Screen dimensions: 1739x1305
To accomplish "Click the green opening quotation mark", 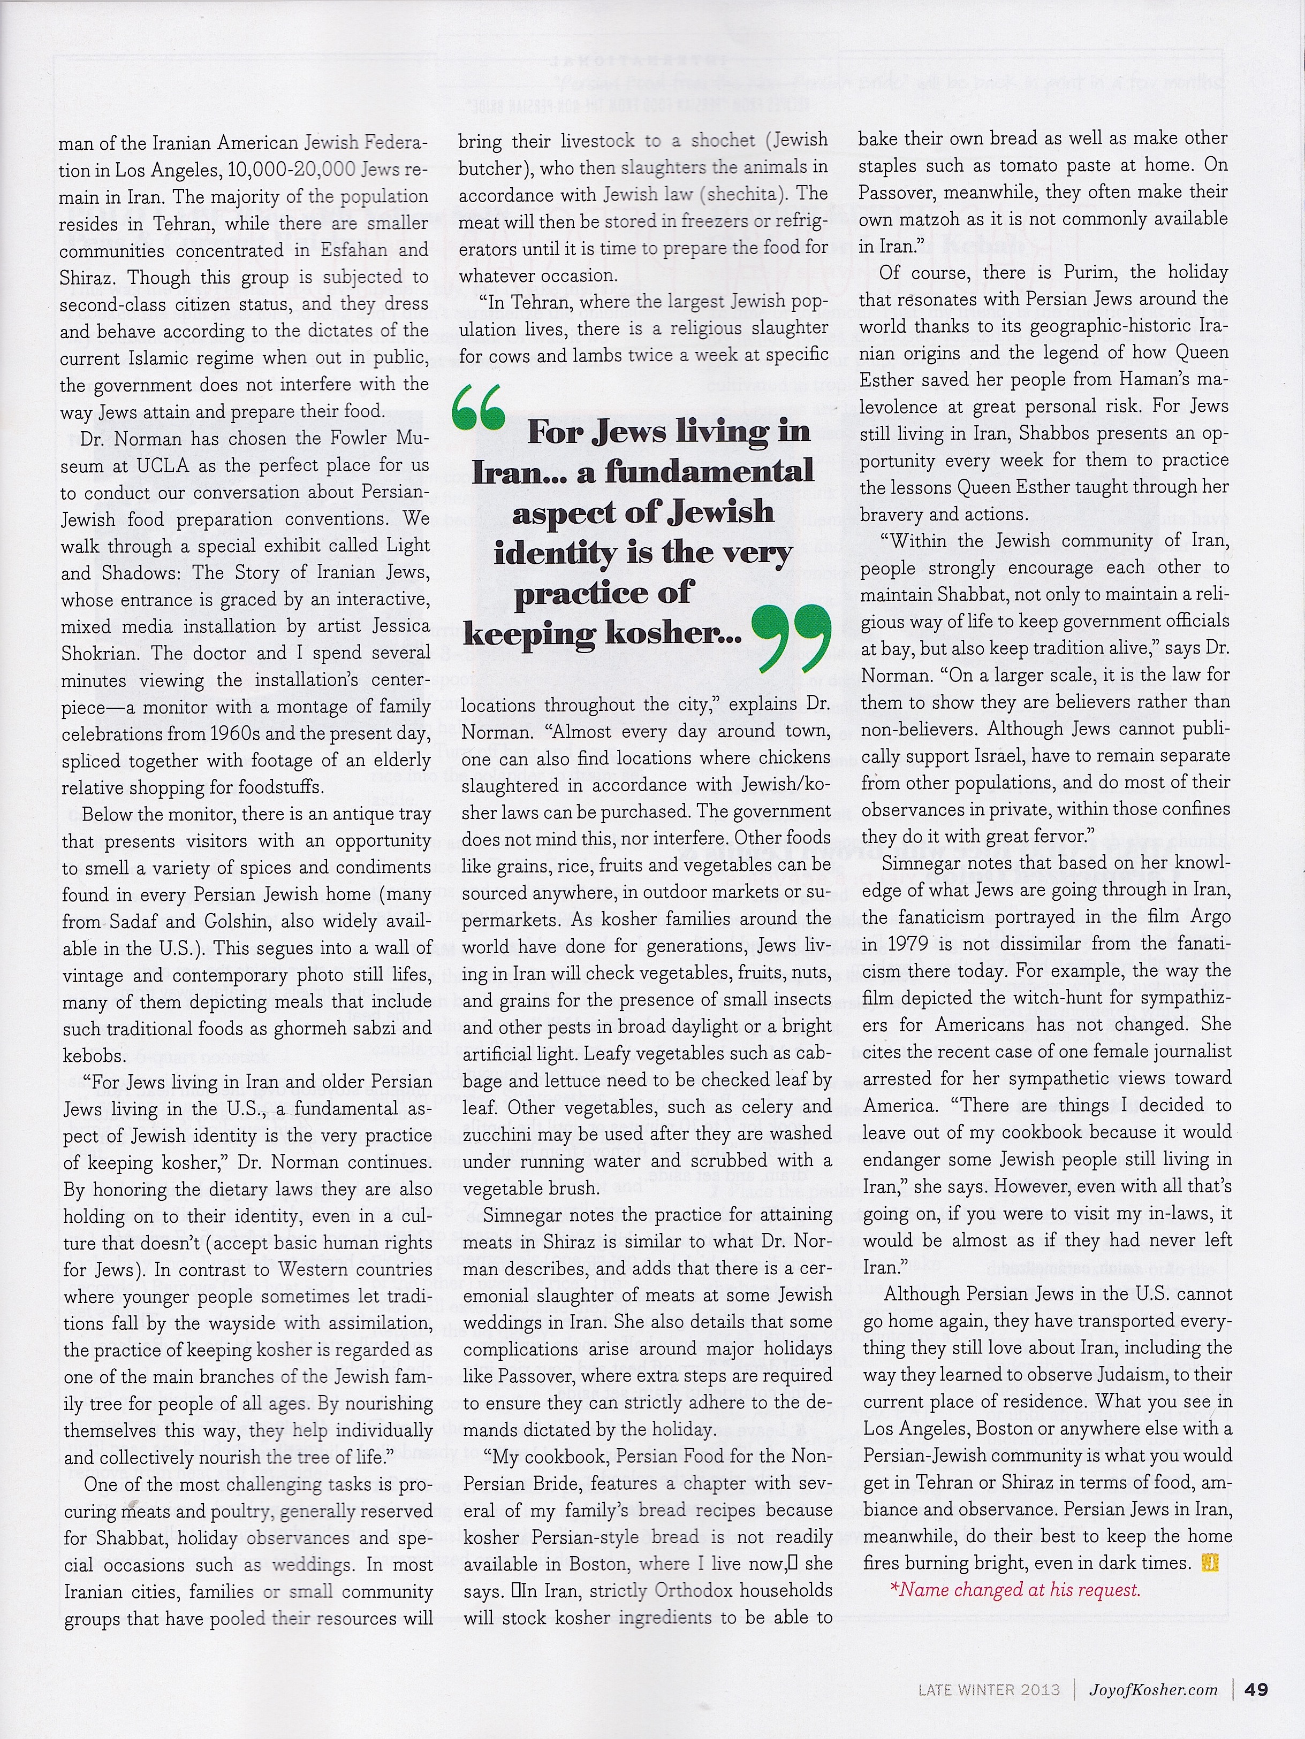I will click(478, 409).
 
